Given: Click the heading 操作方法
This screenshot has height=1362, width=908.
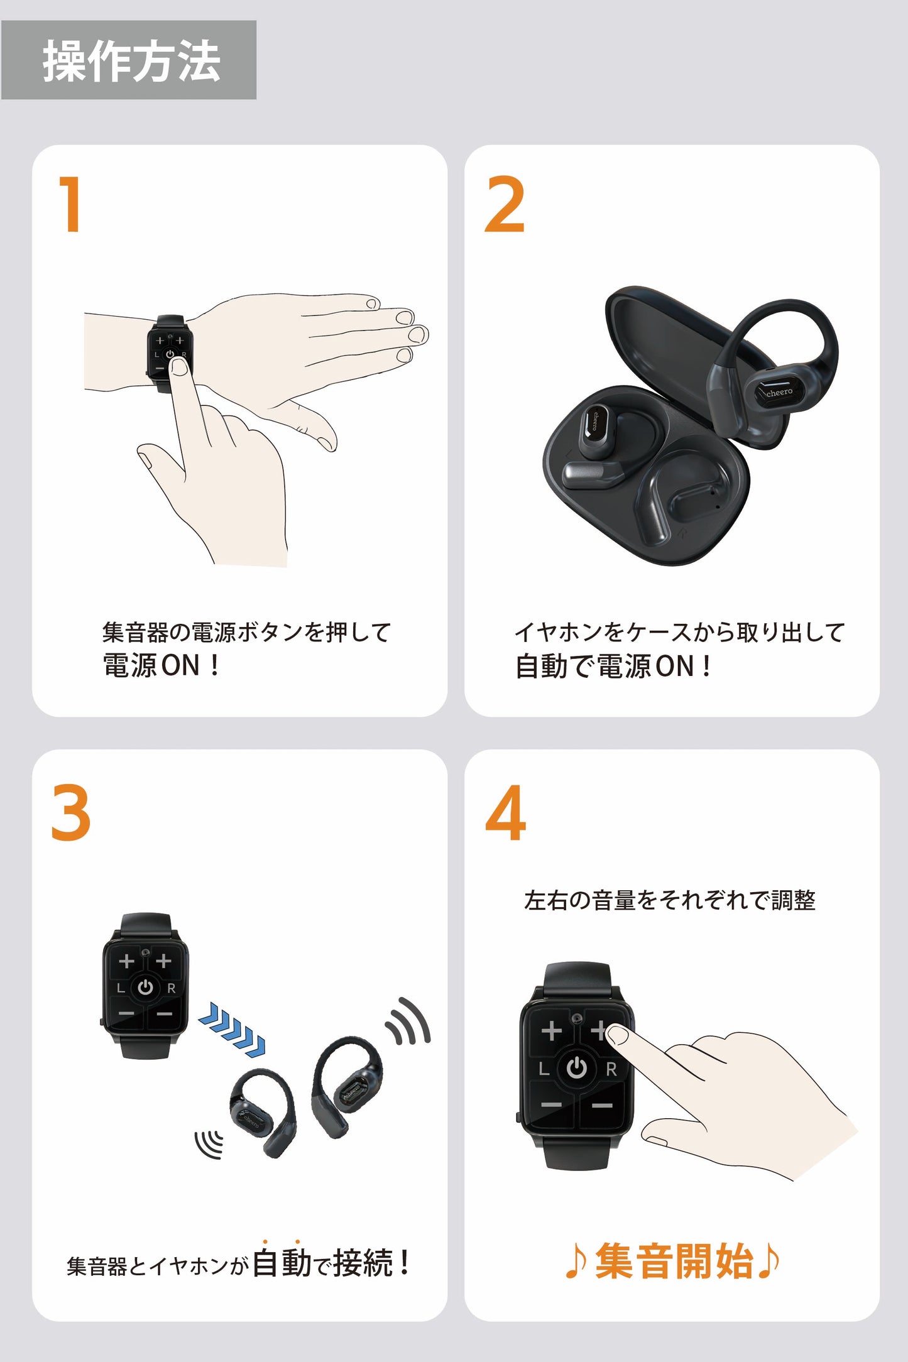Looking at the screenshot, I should [x=131, y=61].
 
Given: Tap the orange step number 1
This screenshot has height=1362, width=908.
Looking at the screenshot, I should [x=70, y=204].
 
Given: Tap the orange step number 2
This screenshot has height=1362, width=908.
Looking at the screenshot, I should [x=504, y=204].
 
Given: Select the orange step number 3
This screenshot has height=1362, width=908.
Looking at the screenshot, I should [x=71, y=812].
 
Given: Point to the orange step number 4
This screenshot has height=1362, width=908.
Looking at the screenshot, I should [x=505, y=812].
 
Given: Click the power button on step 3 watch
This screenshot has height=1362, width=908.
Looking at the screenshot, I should [x=145, y=987].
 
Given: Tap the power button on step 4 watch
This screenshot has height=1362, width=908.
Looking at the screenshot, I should [x=576, y=1067].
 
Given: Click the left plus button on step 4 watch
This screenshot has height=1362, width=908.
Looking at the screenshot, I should [x=551, y=1030].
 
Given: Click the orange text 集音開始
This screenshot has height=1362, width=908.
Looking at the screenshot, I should [x=673, y=1261].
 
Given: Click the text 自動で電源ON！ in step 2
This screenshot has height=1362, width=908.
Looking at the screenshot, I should [x=613, y=666].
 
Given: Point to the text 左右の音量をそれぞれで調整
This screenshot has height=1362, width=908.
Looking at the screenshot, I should [x=669, y=900].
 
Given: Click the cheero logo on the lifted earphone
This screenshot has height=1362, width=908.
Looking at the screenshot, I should [x=779, y=392].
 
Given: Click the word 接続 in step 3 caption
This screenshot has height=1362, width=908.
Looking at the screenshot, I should [x=363, y=1263].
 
